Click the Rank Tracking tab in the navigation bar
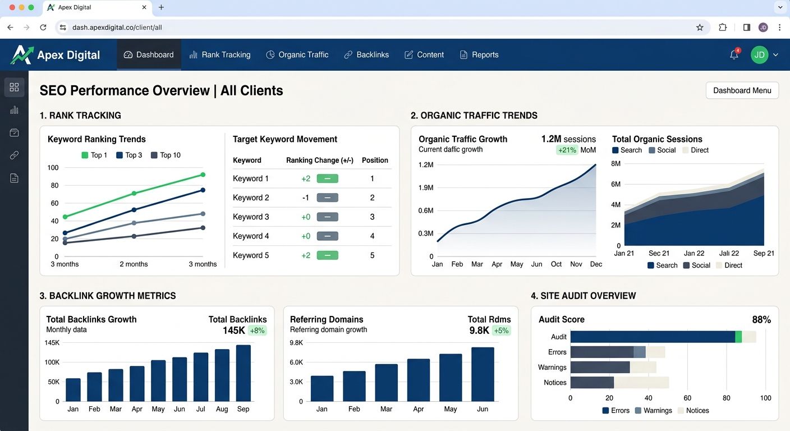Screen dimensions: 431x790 point(220,54)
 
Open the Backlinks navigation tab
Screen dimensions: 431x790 point(366,54)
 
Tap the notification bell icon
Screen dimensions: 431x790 point(734,54)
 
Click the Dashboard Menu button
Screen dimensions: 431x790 point(742,90)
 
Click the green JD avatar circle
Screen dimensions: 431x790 point(759,54)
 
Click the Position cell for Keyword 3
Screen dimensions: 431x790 point(372,217)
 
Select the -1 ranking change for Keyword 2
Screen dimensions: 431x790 point(305,198)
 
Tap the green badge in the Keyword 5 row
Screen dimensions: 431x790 point(327,255)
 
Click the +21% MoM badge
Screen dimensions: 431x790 point(567,150)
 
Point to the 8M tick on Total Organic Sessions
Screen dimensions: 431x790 point(616,164)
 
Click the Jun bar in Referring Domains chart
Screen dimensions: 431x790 point(483,374)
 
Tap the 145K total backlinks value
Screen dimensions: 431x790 point(233,331)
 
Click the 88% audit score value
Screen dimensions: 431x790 point(761,320)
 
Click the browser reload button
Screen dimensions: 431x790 point(43,27)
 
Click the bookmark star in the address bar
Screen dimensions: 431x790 point(700,27)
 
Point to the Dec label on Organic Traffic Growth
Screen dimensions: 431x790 point(596,264)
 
